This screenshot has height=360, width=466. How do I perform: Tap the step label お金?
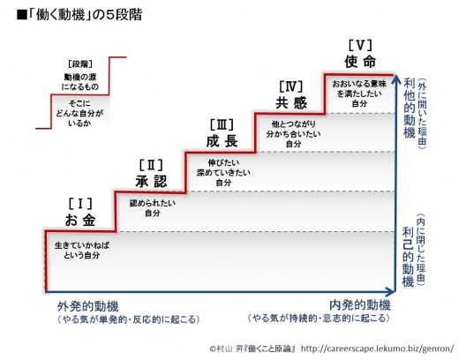click(80, 220)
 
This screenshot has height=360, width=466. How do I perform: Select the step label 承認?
click(151, 181)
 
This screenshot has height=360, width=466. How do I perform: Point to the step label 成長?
click(222, 141)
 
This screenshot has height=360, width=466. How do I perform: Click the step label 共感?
click(291, 102)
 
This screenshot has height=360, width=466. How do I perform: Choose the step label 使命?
click(360, 62)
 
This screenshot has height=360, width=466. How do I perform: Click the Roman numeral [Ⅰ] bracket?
click(80, 204)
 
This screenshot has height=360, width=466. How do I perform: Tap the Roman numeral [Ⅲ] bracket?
click(222, 124)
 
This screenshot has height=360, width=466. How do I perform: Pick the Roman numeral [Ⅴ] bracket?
click(360, 46)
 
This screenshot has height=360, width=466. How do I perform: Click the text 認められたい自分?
click(153, 208)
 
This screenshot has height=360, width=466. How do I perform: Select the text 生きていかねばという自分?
click(82, 251)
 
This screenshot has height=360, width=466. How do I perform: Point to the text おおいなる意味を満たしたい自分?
click(359, 94)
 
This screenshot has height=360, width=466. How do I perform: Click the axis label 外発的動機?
click(88, 306)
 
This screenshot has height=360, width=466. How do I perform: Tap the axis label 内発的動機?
click(360, 305)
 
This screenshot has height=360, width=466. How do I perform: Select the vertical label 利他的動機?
click(410, 108)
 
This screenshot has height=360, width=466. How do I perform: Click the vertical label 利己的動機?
click(408, 257)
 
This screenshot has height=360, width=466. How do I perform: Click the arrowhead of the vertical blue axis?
click(395, 80)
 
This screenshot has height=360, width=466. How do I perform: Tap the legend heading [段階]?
click(80, 64)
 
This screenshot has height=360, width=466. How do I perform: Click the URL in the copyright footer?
click(378, 349)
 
